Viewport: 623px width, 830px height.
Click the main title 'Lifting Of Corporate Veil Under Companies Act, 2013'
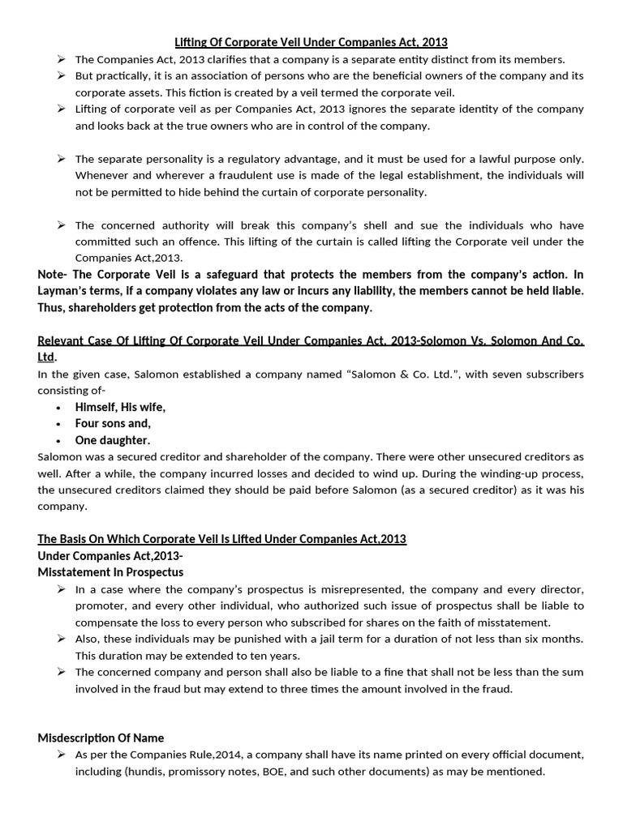click(311, 41)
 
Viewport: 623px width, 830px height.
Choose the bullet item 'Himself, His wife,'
click(120, 407)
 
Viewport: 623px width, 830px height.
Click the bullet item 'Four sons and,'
click(113, 423)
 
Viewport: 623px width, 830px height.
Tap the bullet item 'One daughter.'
click(112, 440)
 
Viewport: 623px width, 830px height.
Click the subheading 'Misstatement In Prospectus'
click(110, 572)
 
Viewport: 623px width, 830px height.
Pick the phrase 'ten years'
click(273, 656)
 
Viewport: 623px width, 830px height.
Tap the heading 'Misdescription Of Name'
click(101, 738)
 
